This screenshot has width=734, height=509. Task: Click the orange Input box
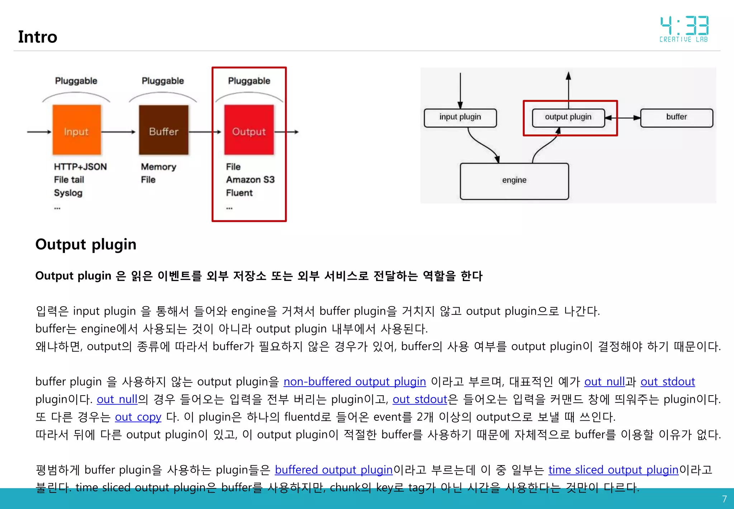tap(76, 130)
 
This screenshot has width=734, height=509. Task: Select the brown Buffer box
tap(163, 130)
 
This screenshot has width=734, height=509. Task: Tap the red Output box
tap(249, 130)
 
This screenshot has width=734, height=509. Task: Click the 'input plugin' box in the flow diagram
tap(460, 118)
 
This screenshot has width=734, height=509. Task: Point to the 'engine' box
tap(514, 181)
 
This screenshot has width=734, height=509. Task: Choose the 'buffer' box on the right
tap(676, 118)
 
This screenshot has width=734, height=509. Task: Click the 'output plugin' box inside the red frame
tap(568, 118)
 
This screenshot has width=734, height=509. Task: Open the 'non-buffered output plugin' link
tap(354, 382)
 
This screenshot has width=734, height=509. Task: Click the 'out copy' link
tap(138, 417)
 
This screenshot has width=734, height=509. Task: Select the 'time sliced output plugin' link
tap(613, 470)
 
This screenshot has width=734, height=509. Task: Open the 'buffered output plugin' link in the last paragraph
tap(334, 470)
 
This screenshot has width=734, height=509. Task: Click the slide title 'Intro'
tap(38, 37)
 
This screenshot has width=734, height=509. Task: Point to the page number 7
tap(724, 499)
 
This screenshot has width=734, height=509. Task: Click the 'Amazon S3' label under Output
tap(250, 180)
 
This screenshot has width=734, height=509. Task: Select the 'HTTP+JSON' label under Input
tap(80, 167)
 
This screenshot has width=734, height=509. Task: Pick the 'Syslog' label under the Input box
tap(68, 193)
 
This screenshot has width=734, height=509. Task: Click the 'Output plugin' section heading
tap(86, 244)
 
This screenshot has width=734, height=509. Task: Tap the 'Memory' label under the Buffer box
tap(158, 167)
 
